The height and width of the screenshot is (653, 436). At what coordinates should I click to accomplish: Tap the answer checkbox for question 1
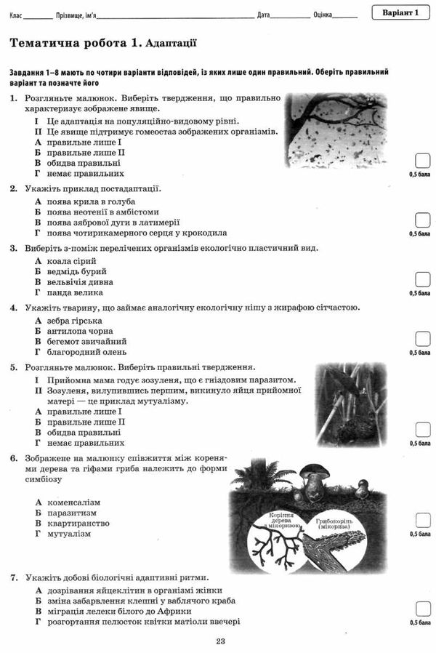[421, 161]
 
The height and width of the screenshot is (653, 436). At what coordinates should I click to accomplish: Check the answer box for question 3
[421, 280]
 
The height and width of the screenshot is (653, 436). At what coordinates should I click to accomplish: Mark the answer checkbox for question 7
[421, 609]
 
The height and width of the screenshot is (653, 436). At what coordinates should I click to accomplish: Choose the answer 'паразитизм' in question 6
[72, 513]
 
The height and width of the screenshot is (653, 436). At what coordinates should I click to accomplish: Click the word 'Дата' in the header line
[264, 15]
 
